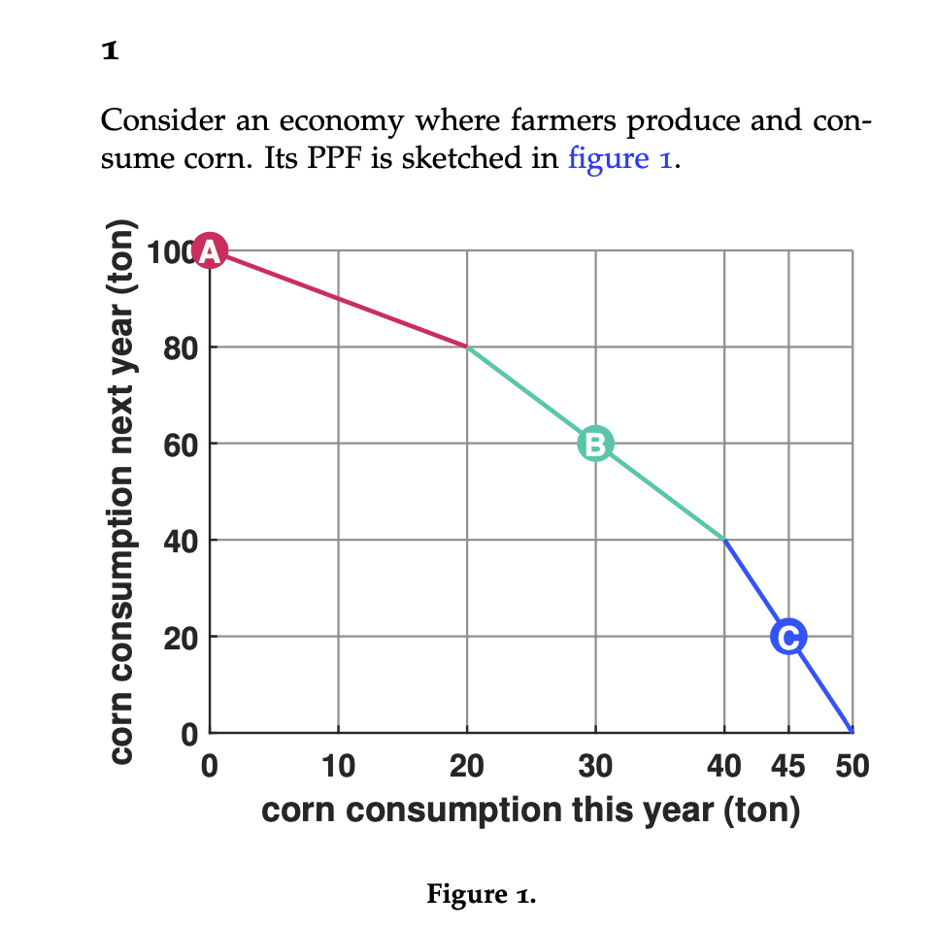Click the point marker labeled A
coord(210,251)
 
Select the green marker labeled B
coord(595,444)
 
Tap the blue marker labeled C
coord(787,637)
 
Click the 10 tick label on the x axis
coord(338,766)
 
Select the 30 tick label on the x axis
coord(595,766)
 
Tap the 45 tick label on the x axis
coord(787,766)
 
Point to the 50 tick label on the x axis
coord(852,766)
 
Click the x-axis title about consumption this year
coord(530,809)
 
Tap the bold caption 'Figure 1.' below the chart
coord(481,894)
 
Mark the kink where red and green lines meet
coord(467,348)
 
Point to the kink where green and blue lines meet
coord(723,540)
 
